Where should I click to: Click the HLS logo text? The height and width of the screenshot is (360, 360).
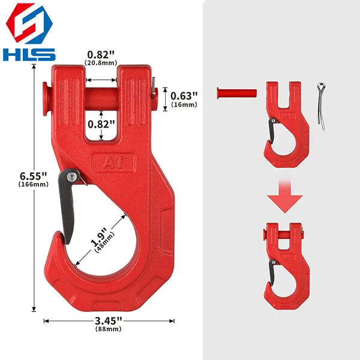(x=29, y=53)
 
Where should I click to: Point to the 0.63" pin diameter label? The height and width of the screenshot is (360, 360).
(x=184, y=95)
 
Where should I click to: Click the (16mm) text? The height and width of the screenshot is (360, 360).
(x=184, y=104)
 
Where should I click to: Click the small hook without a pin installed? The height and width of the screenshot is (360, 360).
(x=287, y=123)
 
